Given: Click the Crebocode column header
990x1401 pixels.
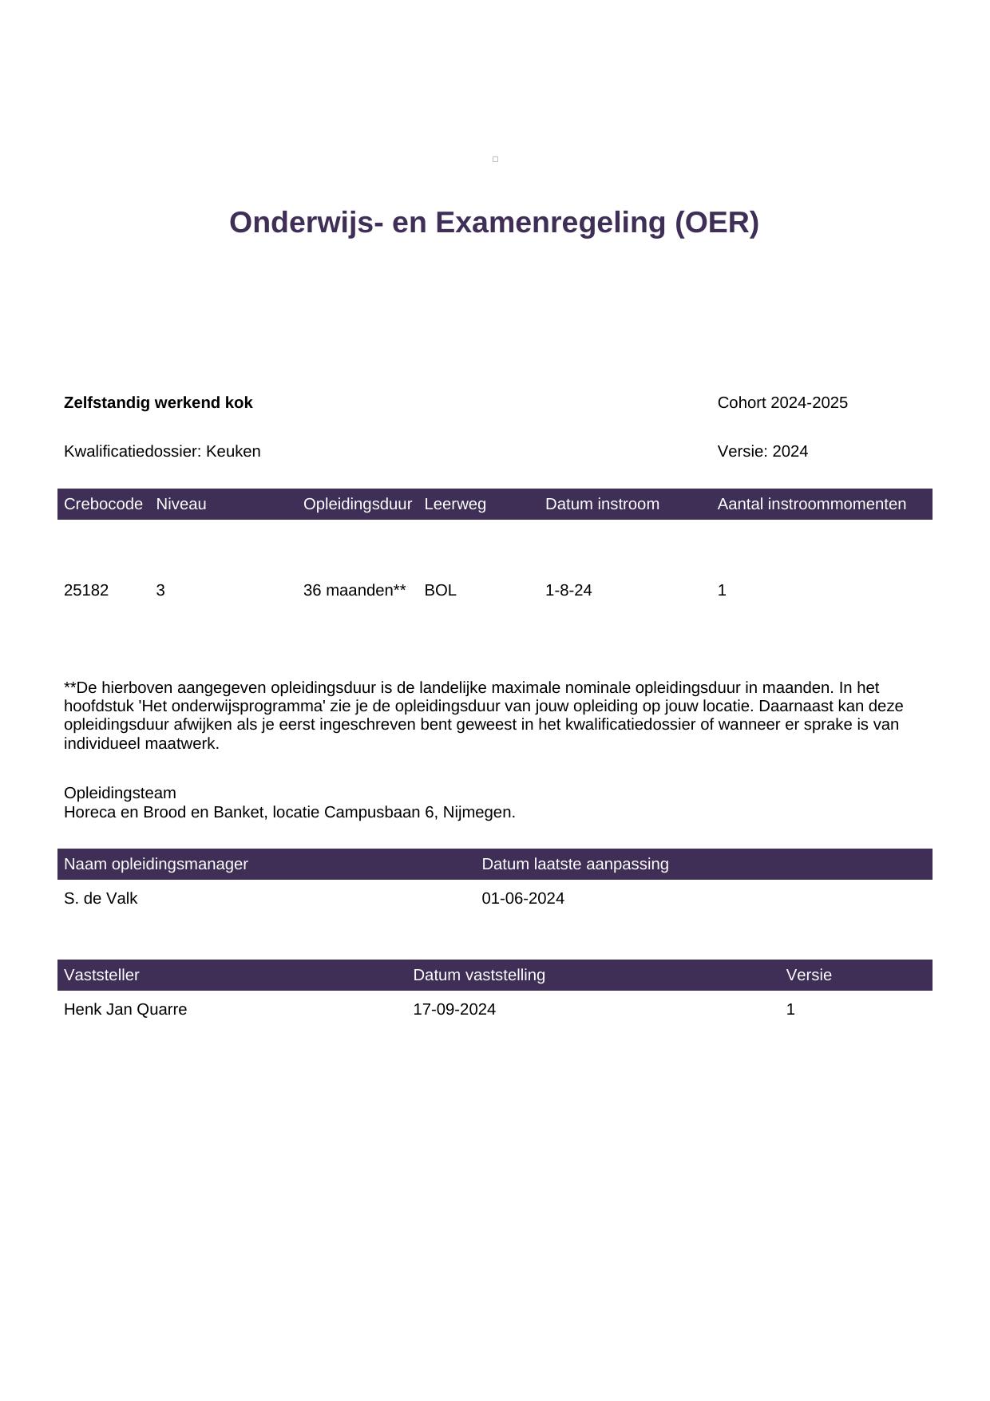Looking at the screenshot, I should coord(103,504).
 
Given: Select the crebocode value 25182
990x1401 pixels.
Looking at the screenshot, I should coord(86,590).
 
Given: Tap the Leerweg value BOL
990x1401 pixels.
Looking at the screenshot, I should coord(440,590).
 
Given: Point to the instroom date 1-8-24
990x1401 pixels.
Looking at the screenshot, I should coord(568,590).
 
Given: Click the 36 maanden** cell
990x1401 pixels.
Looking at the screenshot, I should coord(354,590).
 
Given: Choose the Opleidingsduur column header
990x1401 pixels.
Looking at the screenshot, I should coord(358,504).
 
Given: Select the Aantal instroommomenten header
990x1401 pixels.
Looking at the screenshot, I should coord(811,504).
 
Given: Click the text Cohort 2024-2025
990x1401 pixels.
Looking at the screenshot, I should coord(782,402).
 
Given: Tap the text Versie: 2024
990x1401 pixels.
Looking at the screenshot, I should coord(762,451).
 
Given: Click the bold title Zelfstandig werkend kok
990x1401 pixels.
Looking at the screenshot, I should coord(158,402).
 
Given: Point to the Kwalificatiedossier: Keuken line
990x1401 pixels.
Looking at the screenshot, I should coord(162,451).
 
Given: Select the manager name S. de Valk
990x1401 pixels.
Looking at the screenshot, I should coord(101,898).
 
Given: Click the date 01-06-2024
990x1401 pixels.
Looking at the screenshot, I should coord(523,898).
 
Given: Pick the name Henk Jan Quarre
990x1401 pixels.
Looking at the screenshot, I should coord(125,1009).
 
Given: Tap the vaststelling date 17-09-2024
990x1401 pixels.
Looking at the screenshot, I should coord(454,1009).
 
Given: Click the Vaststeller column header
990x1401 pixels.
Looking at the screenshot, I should coord(101,975).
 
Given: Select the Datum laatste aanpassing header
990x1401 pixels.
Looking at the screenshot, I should coord(575,864).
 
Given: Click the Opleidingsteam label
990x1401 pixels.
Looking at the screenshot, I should coord(120,793).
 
